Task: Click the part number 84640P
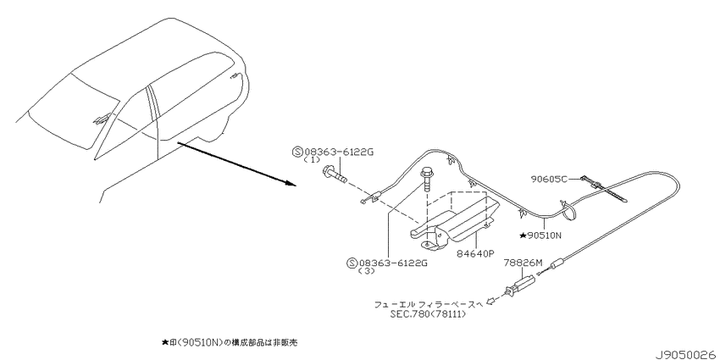(475, 253)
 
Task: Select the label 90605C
(549, 179)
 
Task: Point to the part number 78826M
(523, 263)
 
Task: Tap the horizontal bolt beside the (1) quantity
(335, 175)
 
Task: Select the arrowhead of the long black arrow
(291, 184)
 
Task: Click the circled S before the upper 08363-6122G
(297, 152)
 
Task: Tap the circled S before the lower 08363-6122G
(352, 263)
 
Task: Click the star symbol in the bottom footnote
(164, 342)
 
